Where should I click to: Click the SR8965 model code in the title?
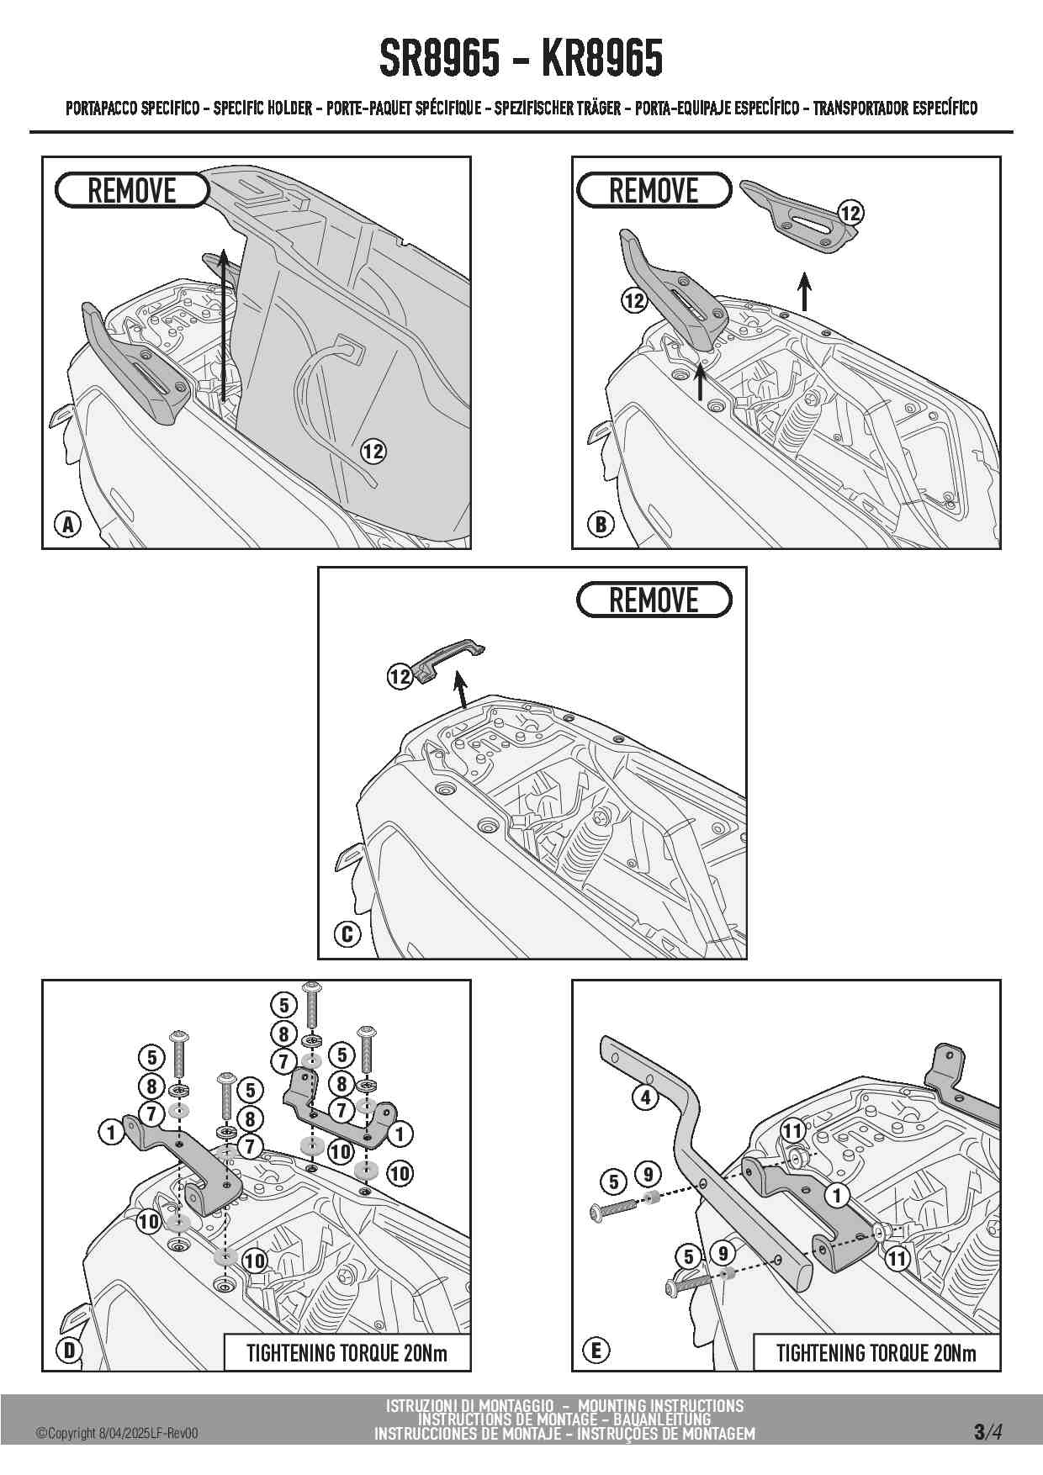[x=440, y=59]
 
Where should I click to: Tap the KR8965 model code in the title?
[x=601, y=59]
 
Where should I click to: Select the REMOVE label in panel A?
[x=132, y=191]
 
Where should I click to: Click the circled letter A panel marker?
[x=67, y=525]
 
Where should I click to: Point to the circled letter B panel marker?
[x=601, y=525]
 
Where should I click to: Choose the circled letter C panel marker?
[x=347, y=933]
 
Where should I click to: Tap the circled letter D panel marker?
[x=69, y=1351]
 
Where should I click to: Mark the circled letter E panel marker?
[x=596, y=1351]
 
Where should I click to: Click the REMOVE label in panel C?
[x=654, y=600]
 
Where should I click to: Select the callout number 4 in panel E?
[x=645, y=1097]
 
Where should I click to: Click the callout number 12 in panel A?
[x=373, y=452]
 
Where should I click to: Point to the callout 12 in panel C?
[x=400, y=675]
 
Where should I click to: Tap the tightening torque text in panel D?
[x=347, y=1353]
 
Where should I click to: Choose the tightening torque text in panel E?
[x=876, y=1353]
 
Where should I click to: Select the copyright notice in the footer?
[x=117, y=1434]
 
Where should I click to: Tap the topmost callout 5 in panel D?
[x=284, y=1004]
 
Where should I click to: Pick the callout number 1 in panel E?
[x=836, y=1195]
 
